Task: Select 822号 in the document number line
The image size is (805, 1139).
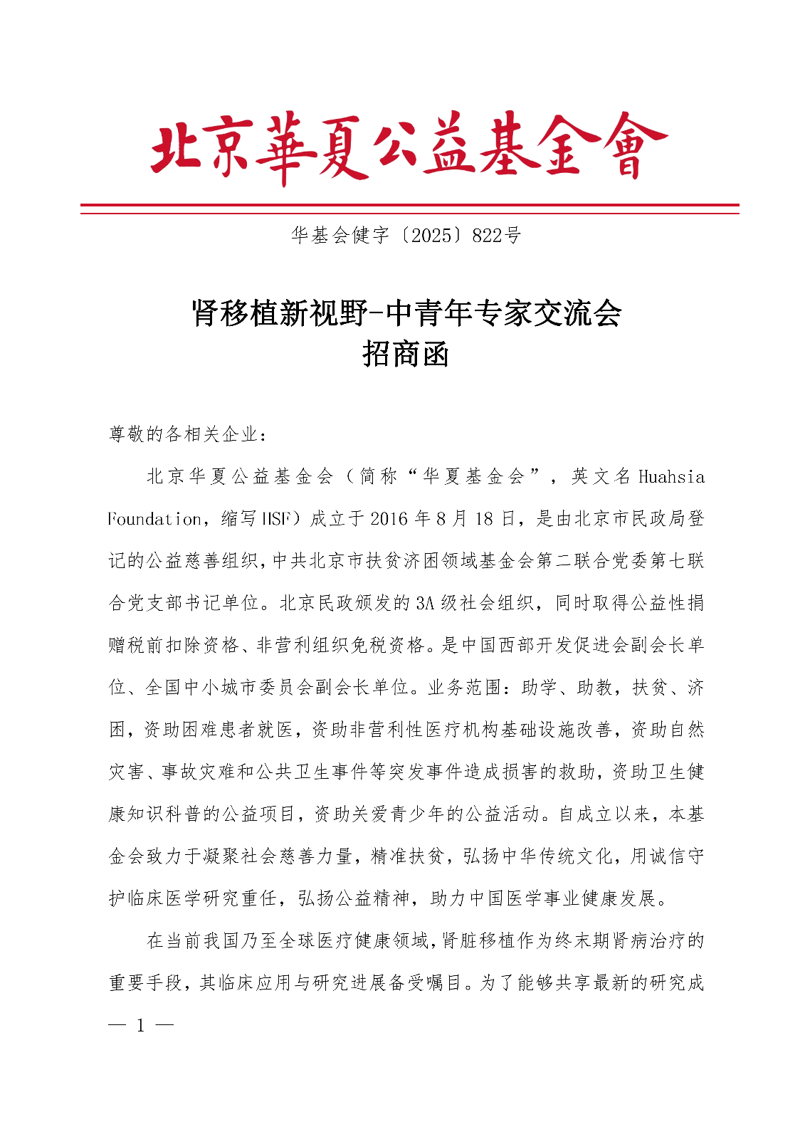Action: coord(497,235)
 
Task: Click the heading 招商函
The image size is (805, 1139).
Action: coord(406,353)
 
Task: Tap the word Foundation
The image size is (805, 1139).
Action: coord(154,519)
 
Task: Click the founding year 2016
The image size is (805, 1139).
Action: coord(389,519)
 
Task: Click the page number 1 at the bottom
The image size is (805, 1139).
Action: coord(141,1026)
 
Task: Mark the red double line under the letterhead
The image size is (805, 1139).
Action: coord(409,209)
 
